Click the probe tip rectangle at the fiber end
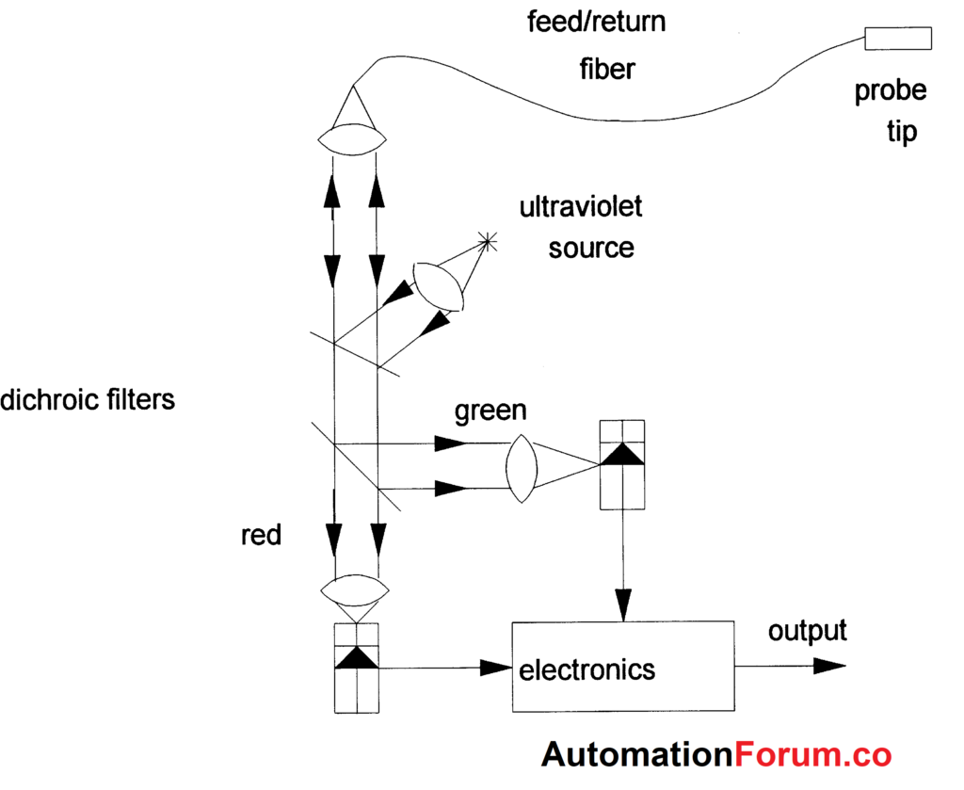pos(898,38)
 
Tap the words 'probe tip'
pos(890,111)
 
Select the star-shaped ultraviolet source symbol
pos(488,243)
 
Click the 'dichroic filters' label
pos(88,399)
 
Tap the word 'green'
pos(490,411)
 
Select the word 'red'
pos(261,535)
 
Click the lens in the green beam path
pos(522,467)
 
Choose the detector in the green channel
pos(621,464)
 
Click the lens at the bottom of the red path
pos(355,591)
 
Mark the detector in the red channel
pos(357,668)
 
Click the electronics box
pos(621,668)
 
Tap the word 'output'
pos(807,631)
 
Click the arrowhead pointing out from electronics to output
pos(828,667)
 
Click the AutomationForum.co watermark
pos(715,755)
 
